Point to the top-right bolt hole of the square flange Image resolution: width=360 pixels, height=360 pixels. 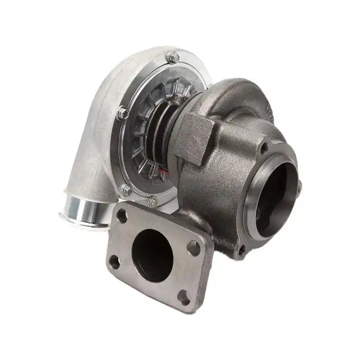coord(194,248)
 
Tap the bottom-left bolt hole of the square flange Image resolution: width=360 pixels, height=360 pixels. coord(114,262)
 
